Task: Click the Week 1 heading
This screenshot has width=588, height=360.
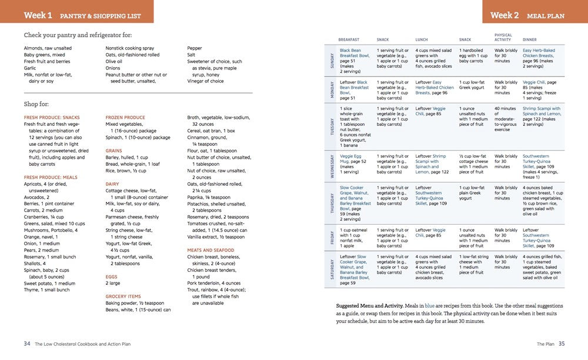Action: click(38, 15)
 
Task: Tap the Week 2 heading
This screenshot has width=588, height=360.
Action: click(505, 15)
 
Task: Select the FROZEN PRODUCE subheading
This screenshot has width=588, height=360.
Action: click(125, 117)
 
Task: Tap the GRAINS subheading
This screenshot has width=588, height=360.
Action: click(114, 151)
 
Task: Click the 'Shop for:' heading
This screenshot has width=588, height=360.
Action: click(40, 104)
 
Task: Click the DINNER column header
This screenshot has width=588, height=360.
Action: click(529, 40)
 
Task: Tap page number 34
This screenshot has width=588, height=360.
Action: click(27, 344)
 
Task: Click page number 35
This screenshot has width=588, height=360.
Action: click(561, 344)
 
